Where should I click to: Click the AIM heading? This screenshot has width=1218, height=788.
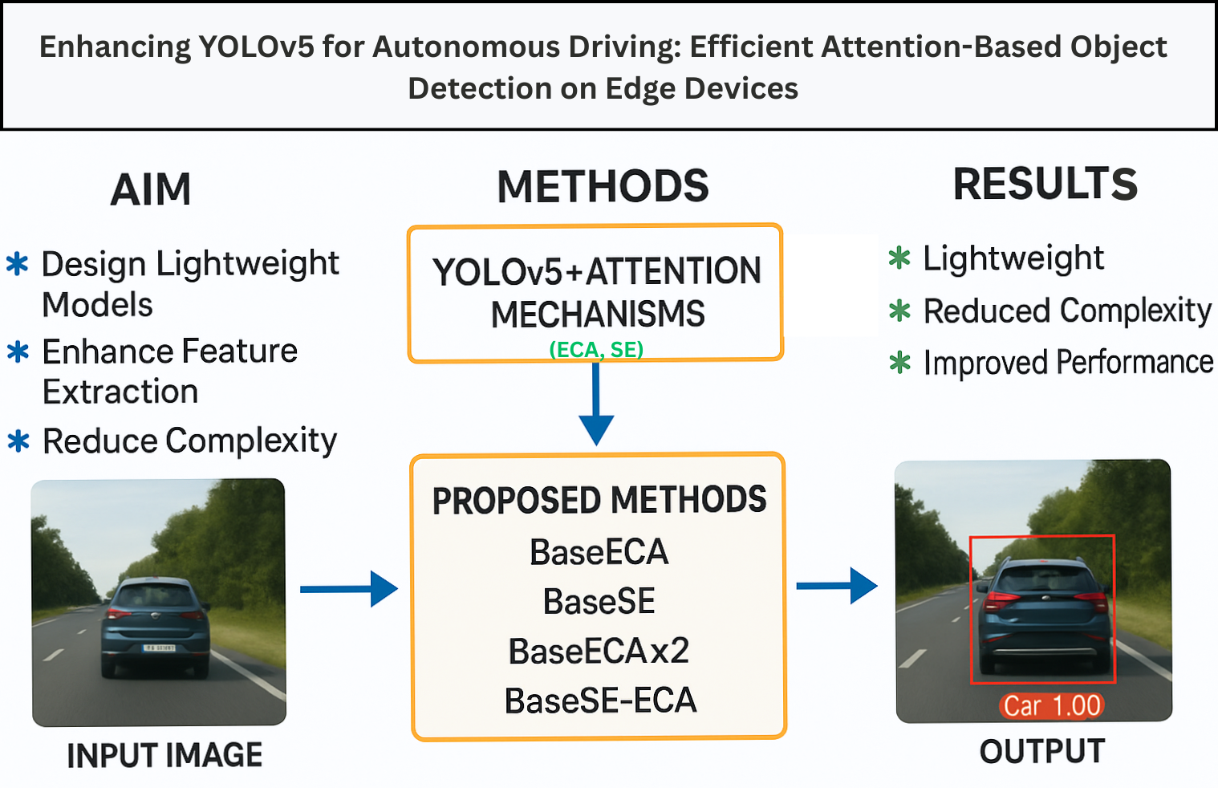[151, 190]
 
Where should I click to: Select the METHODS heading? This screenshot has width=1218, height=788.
[603, 187]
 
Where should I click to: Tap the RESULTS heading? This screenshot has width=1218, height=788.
[1045, 185]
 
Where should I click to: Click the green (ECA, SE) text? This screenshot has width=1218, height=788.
[596, 350]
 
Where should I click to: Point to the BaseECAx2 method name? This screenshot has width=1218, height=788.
[599, 652]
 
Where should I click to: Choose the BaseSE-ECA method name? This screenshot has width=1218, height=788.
[600, 701]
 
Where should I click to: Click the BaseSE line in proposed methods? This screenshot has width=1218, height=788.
[599, 602]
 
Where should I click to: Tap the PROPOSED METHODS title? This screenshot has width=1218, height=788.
[599, 500]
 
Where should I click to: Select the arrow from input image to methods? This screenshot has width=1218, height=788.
[348, 589]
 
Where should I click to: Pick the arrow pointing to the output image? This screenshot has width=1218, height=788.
[837, 586]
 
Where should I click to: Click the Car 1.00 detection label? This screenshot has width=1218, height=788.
[1052, 706]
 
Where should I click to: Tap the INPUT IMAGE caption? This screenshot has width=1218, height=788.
[164, 756]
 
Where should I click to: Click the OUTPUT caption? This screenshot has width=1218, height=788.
[1042, 752]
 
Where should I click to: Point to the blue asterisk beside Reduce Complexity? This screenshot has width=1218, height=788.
[18, 441]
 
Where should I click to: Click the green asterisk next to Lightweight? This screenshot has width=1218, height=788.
[899, 258]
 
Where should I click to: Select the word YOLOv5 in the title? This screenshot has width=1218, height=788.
[256, 47]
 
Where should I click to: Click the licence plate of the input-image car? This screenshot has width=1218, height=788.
[158, 648]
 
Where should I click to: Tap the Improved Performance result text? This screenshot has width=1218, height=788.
[1068, 363]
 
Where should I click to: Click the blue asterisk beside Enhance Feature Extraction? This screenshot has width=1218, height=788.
[18, 351]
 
